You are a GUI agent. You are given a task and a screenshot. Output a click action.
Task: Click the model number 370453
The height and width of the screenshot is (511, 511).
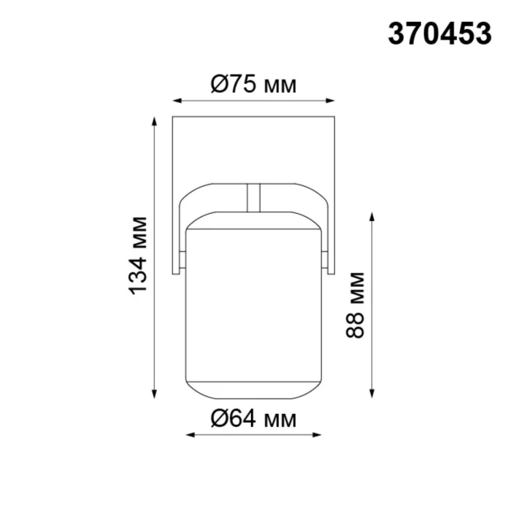pyautogui.click(x=439, y=34)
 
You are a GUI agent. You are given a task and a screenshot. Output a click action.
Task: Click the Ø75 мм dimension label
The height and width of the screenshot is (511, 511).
pyautogui.click(x=253, y=85)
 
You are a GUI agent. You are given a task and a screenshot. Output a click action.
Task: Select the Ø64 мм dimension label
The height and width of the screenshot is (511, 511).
pyautogui.click(x=253, y=419)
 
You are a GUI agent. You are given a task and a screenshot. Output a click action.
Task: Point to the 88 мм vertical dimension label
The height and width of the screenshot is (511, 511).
pyautogui.click(x=356, y=304)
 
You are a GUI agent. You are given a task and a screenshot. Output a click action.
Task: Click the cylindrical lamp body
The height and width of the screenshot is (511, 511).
pyautogui.click(x=253, y=307)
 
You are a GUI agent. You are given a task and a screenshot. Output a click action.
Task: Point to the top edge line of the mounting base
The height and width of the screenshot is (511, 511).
pyautogui.click(x=253, y=116)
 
